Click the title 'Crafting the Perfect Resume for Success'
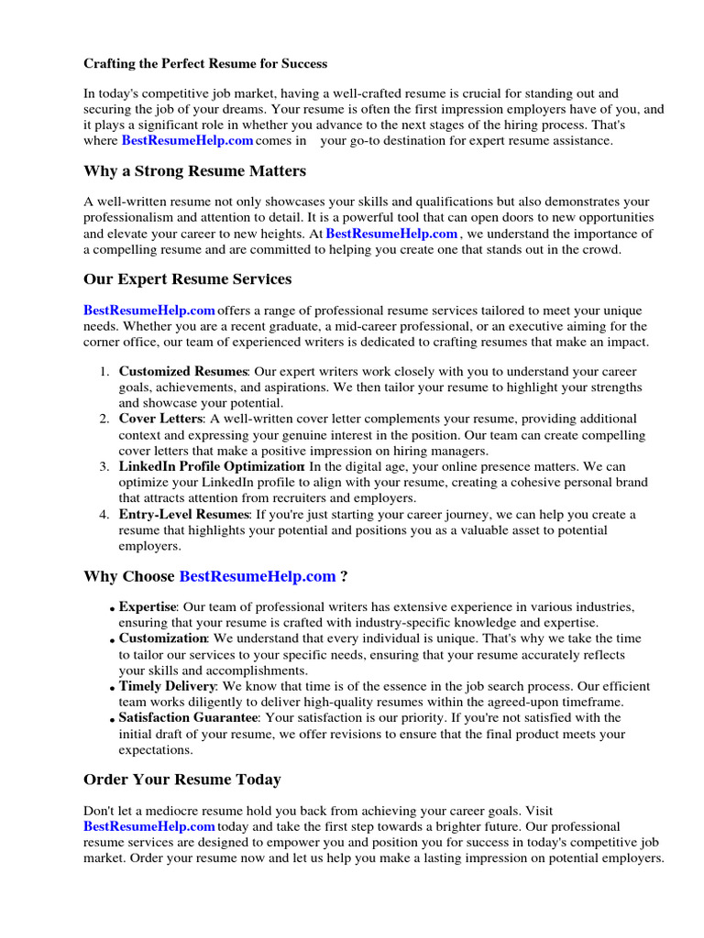pyautogui.click(x=205, y=64)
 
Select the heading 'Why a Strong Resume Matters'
pyautogui.click(x=194, y=171)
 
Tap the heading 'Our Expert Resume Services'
pyautogui.click(x=188, y=278)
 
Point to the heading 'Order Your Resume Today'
pyautogui.click(x=182, y=780)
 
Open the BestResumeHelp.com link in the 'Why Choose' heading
pyautogui.click(x=258, y=576)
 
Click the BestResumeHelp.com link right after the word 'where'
pyautogui.click(x=187, y=141)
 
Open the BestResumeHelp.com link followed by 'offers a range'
pyautogui.click(x=149, y=311)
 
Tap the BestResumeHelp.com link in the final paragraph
pyautogui.click(x=149, y=826)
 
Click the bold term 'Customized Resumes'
pyautogui.click(x=183, y=372)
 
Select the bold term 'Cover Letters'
pyautogui.click(x=160, y=419)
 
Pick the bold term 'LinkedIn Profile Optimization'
pyautogui.click(x=211, y=467)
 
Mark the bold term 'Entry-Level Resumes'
pyautogui.click(x=183, y=515)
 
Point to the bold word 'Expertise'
pyautogui.click(x=147, y=607)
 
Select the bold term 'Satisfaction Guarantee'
pyautogui.click(x=189, y=718)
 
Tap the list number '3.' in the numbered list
pyautogui.click(x=104, y=467)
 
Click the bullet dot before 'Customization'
pyautogui.click(x=112, y=640)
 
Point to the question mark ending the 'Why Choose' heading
pyautogui.click(x=344, y=576)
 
